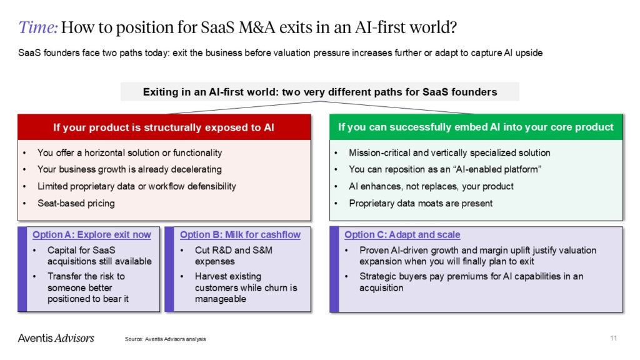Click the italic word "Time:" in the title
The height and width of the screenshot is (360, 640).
(x=39, y=27)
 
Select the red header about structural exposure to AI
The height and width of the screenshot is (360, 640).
(x=164, y=127)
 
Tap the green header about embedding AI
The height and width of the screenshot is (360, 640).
(x=476, y=127)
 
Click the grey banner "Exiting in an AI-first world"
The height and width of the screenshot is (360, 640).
(x=319, y=92)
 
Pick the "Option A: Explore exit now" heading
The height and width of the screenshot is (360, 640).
(x=92, y=235)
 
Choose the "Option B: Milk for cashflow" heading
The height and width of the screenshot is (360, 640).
(x=240, y=235)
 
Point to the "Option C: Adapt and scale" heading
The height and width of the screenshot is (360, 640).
(x=402, y=235)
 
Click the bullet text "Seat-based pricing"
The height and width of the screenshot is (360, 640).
(x=76, y=203)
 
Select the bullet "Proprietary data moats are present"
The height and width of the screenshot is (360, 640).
(x=421, y=203)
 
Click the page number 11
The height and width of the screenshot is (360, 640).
(x=613, y=338)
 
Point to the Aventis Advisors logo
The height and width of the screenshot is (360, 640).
(x=56, y=338)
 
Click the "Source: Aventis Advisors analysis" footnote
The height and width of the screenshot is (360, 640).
(x=165, y=339)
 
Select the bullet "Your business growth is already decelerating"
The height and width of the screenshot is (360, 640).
(x=129, y=169)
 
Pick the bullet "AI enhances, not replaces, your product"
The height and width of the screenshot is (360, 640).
(x=431, y=186)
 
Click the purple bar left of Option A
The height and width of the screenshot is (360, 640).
(x=22, y=269)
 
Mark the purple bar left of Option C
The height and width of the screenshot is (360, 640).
(x=334, y=269)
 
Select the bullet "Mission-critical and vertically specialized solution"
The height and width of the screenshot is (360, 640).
(x=449, y=152)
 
